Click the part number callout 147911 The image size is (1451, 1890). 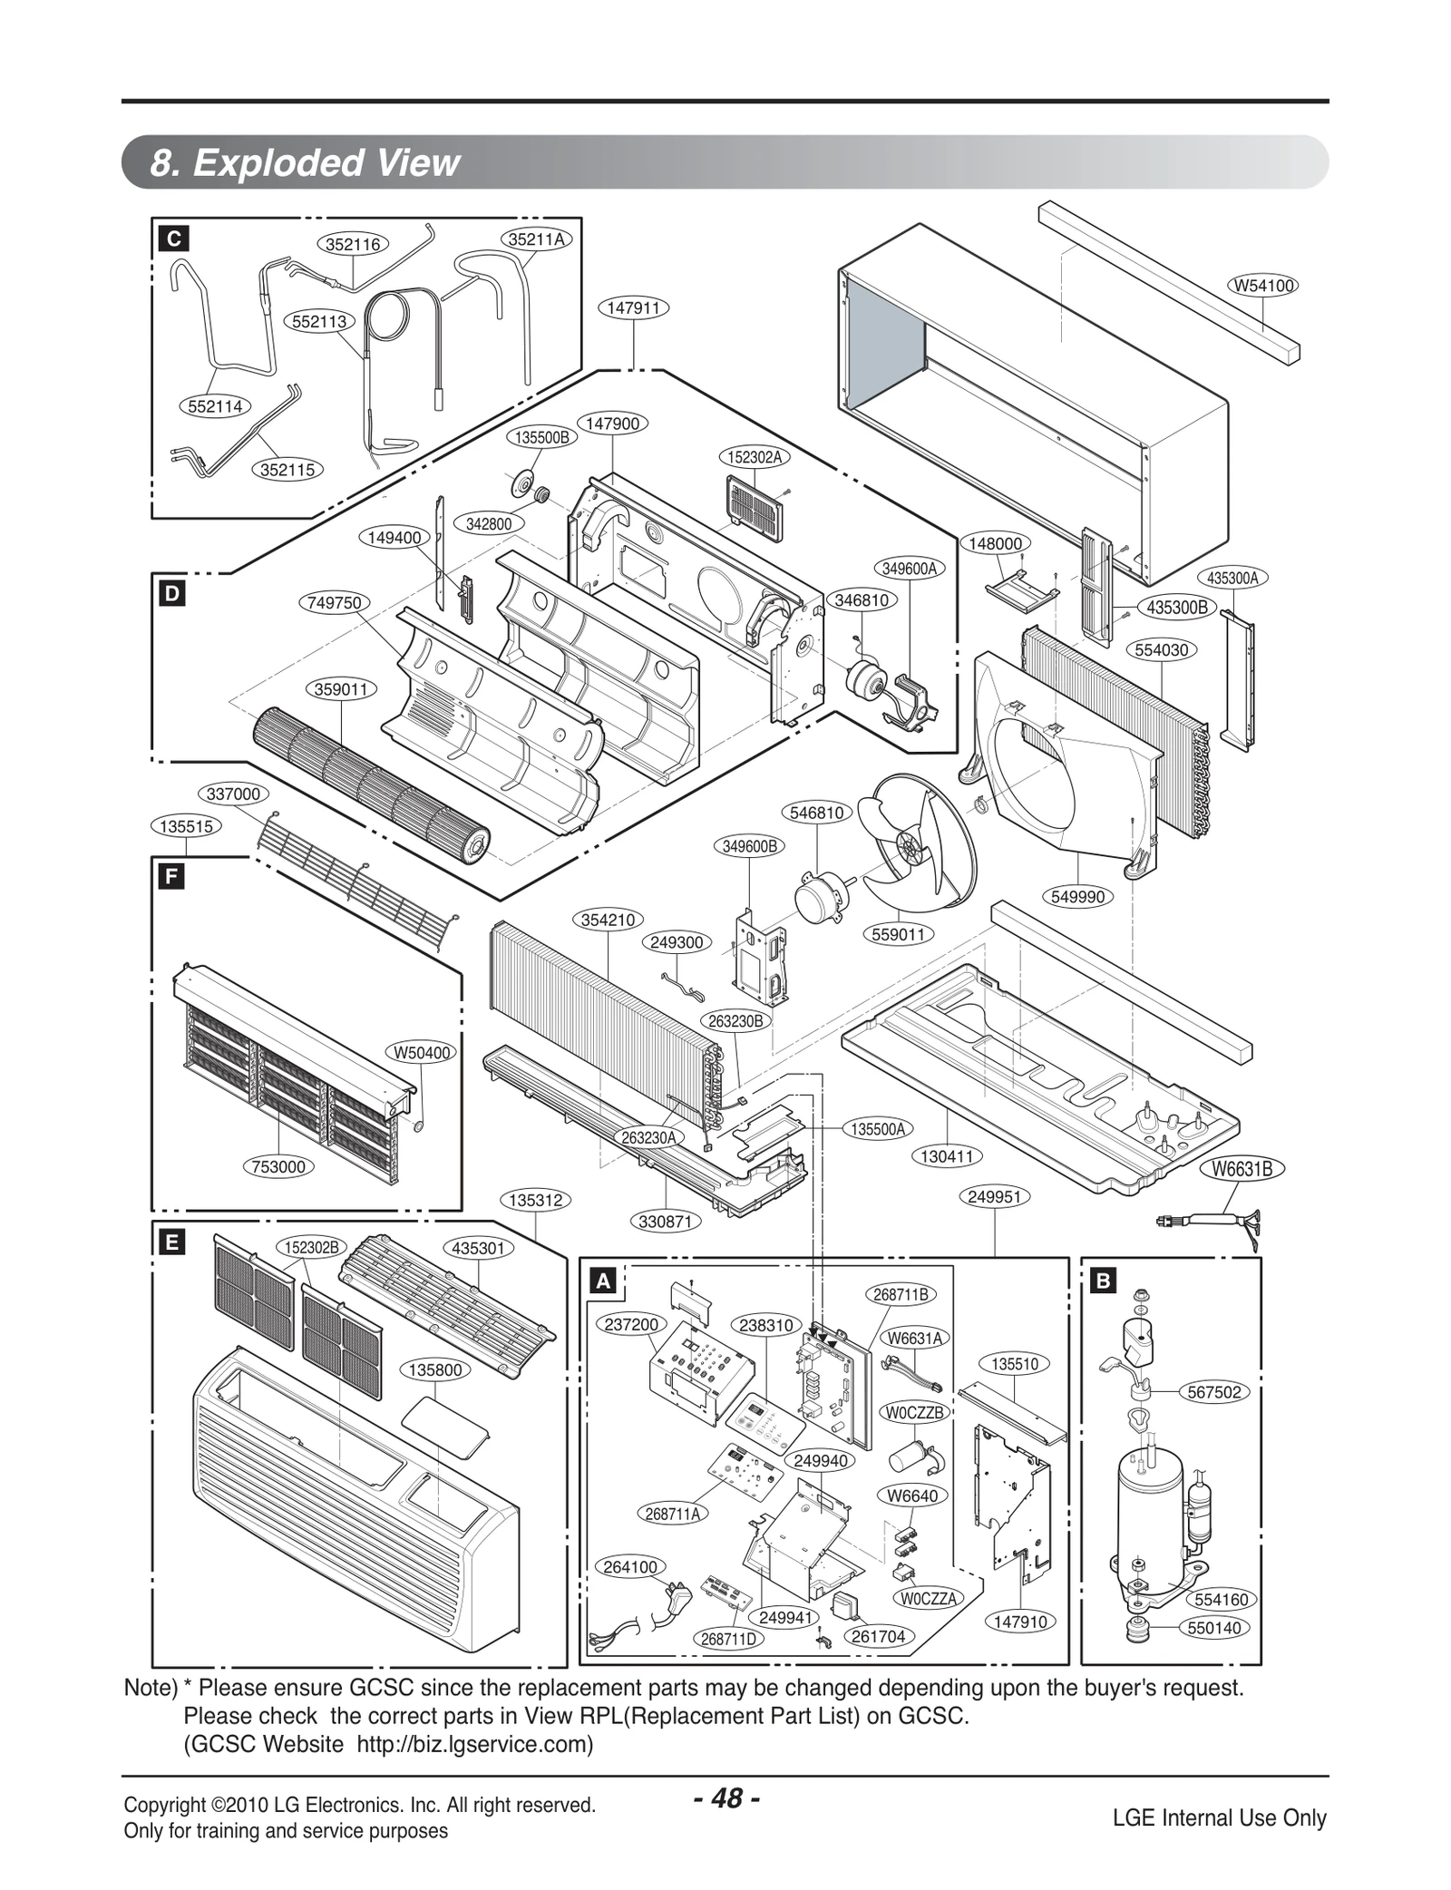click(x=633, y=308)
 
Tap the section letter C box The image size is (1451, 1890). click(x=172, y=239)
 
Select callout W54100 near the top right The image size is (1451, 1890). click(x=1263, y=286)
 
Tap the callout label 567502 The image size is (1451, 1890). click(x=1213, y=1392)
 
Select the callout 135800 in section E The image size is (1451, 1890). click(x=436, y=1370)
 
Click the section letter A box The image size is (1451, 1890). click(x=602, y=1281)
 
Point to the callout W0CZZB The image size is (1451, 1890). click(x=915, y=1413)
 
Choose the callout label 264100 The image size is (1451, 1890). click(x=630, y=1567)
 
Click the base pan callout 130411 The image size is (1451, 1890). click(x=947, y=1156)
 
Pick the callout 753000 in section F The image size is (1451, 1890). click(x=278, y=1166)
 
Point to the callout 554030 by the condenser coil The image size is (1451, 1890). click(x=1162, y=650)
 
